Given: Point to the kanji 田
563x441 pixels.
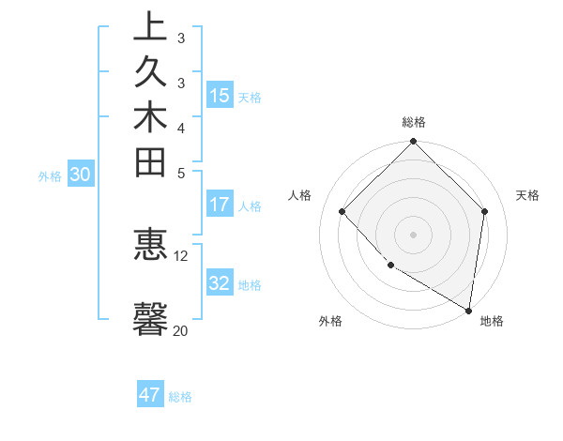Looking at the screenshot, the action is coord(150,163).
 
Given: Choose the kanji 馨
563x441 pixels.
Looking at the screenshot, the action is coord(150,317).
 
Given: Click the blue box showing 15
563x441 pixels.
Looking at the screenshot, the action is coord(220,96).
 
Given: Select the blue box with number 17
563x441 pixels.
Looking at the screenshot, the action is coord(220,205).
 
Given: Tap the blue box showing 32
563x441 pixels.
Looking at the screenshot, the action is coord(220,283).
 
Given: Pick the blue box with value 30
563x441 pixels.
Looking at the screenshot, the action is coord(81,174).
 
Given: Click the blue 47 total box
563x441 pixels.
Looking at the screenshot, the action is coord(150,395).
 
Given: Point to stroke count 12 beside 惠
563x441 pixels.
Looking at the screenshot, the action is coord(181,255).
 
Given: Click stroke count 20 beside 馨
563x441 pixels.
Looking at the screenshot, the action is coord(180,330).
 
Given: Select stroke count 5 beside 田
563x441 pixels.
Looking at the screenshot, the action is coord(181,173).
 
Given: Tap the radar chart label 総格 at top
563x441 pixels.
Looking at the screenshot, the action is coord(414,122).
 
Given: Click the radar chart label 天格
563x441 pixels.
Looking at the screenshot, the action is coord(528,195).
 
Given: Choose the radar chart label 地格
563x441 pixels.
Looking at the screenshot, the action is coord(492,321).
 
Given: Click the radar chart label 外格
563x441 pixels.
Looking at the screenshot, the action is coord(330,321).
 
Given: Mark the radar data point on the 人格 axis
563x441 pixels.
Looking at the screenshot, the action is coord(342,212).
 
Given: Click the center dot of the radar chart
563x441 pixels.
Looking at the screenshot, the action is coord(413,235).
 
